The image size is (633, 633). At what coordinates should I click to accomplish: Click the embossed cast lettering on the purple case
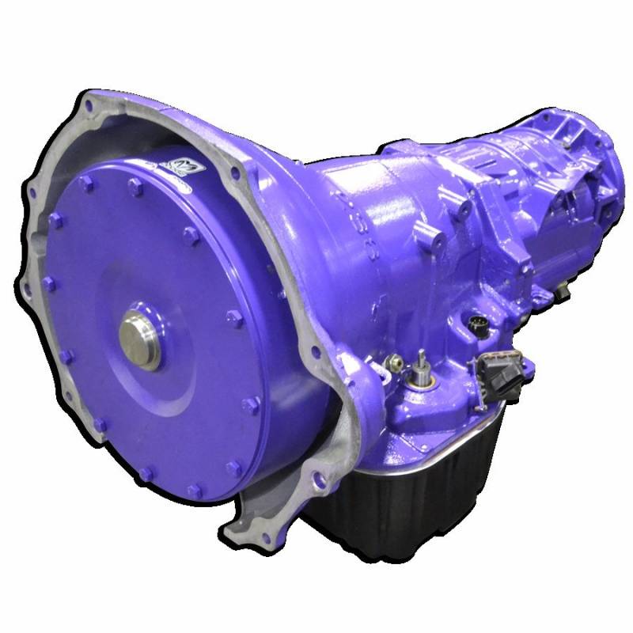tap(349, 214)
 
